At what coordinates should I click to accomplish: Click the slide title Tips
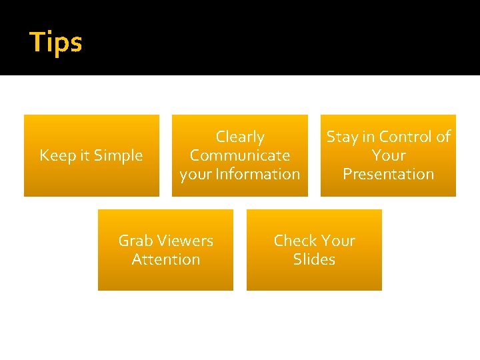pyautogui.click(x=56, y=42)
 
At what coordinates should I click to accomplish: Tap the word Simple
pyautogui.click(x=119, y=156)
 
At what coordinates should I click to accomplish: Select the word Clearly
pyautogui.click(x=240, y=137)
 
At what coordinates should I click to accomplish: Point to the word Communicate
pyautogui.click(x=240, y=156)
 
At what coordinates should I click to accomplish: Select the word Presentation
pyautogui.click(x=388, y=174)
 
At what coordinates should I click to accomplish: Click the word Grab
pyautogui.click(x=135, y=241)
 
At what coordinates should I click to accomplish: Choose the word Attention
pyautogui.click(x=166, y=259)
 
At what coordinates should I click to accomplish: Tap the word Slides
pyautogui.click(x=314, y=259)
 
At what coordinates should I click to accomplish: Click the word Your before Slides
pyautogui.click(x=339, y=241)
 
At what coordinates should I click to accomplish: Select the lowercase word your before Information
pyautogui.click(x=194, y=175)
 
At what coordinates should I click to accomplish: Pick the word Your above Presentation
pyautogui.click(x=389, y=156)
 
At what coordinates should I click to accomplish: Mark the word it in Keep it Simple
pyautogui.click(x=84, y=156)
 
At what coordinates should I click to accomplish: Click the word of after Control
pyautogui.click(x=443, y=137)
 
